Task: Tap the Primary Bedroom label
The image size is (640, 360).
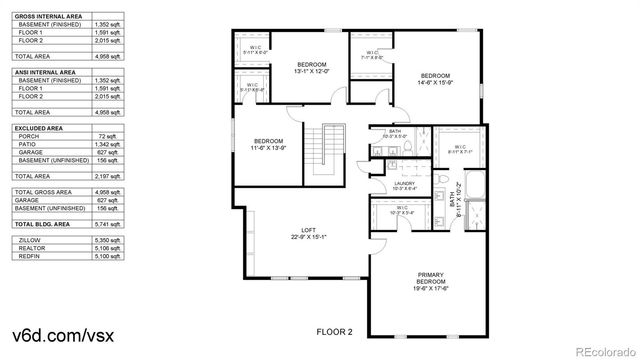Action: pos(432,280)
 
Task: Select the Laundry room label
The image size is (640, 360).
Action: pos(404,186)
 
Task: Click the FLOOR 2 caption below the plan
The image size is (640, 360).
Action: pos(336,332)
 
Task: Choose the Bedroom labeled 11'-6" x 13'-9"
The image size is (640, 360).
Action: pos(269,144)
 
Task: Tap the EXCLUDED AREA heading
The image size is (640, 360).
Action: pos(41,128)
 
